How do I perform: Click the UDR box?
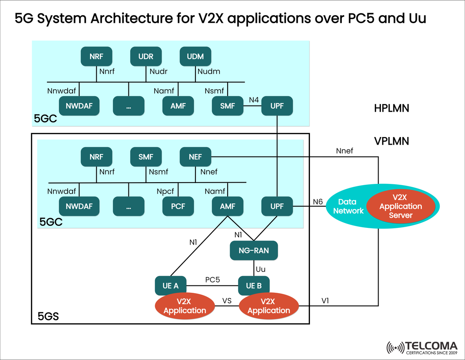tap(146, 56)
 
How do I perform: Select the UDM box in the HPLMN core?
tap(195, 56)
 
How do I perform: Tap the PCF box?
tap(178, 206)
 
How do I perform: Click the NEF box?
tap(195, 157)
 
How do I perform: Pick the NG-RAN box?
tap(253, 250)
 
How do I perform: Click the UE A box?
tap(170, 286)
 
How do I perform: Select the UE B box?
tap(253, 286)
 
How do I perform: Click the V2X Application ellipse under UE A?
tap(185, 306)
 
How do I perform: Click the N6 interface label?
tap(318, 201)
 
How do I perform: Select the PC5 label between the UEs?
tap(213, 280)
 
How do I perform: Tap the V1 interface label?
tap(325, 300)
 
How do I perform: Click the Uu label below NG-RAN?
tap(260, 269)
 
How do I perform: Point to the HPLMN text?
tap(391, 108)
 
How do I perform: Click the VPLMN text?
tap(391, 141)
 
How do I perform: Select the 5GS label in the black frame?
tap(48, 316)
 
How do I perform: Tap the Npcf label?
tap(166, 191)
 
